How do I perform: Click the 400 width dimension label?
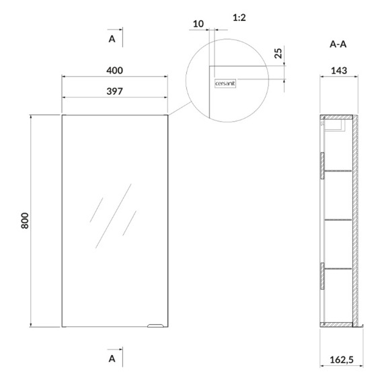pos(114,71)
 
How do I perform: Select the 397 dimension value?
pos(114,91)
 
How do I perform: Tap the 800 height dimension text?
pos(25,221)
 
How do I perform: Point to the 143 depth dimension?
pos(339,71)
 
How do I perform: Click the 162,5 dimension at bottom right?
pos(342,360)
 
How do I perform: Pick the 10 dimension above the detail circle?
pos(198,24)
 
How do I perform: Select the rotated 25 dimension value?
pos(278,53)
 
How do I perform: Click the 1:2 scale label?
pos(239,17)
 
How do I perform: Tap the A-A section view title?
pos(338,44)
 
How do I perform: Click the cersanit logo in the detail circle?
pos(225,83)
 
